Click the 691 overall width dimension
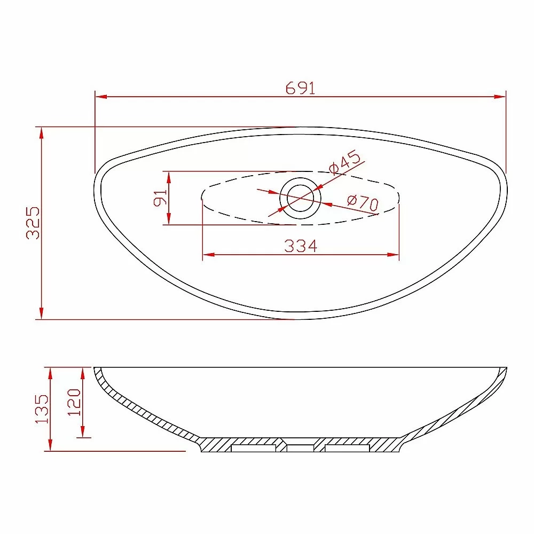(300, 88)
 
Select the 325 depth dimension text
(33, 223)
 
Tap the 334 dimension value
(301, 246)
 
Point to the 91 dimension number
(160, 198)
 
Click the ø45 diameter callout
(344, 162)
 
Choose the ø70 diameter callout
(363, 202)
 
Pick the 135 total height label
(42, 409)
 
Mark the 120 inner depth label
(74, 402)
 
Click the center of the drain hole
(300, 198)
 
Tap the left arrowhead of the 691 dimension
(101, 97)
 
